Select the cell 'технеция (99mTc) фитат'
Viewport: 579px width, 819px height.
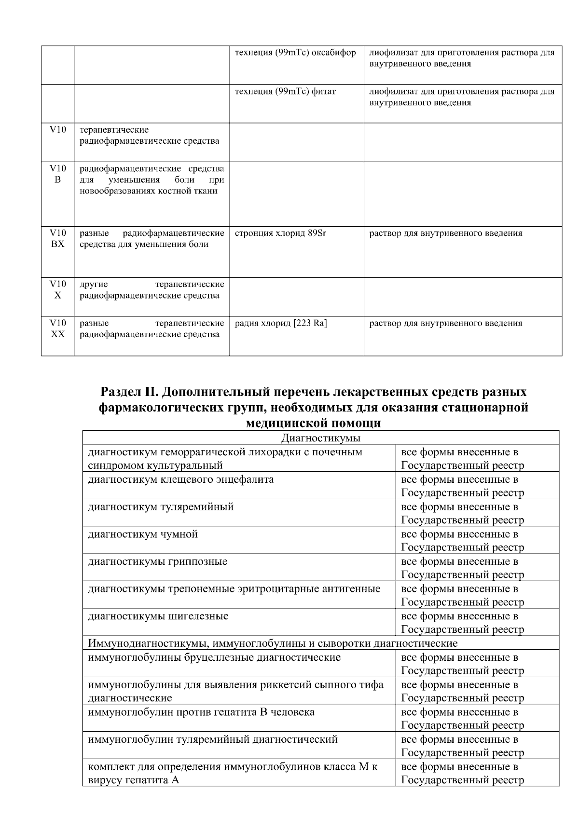tap(285, 92)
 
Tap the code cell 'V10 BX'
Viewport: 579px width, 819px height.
tap(57, 239)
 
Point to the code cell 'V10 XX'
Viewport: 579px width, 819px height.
tap(57, 328)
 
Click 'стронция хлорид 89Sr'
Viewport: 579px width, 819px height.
tap(280, 233)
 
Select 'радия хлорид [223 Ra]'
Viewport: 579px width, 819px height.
tap(280, 323)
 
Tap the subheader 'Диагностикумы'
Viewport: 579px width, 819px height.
tap(320, 438)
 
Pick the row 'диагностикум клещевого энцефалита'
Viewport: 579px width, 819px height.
tap(180, 479)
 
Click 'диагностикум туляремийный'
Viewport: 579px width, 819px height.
tap(160, 507)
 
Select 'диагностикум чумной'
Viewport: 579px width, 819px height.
tap(142, 534)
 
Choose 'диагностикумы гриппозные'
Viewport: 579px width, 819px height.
tap(157, 561)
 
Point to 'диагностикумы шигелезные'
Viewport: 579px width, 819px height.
tap(158, 616)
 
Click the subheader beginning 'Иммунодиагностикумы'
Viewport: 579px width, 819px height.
tap(272, 643)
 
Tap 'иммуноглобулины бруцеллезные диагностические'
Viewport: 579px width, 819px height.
tap(214, 657)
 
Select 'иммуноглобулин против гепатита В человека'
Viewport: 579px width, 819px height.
tap(201, 712)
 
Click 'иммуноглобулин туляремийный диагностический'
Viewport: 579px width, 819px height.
tap(212, 739)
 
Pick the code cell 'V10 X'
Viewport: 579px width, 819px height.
tap(57, 289)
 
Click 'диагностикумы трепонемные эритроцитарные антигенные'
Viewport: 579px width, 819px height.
tap(234, 588)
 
